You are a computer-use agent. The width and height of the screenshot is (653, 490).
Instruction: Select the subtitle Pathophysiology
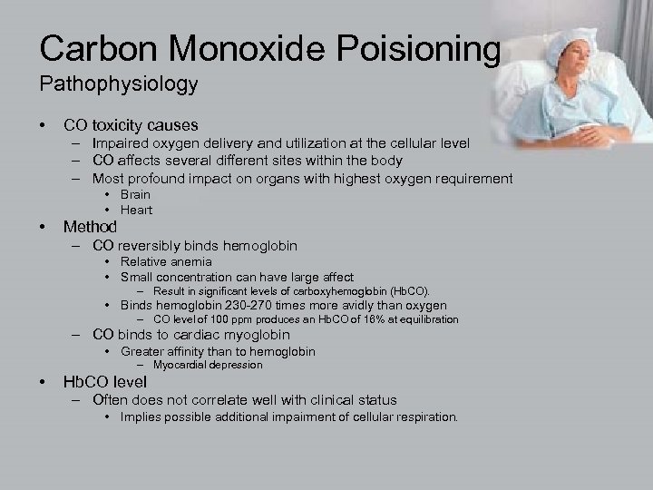(118, 84)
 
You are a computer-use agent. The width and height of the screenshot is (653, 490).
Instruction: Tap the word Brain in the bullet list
(135, 194)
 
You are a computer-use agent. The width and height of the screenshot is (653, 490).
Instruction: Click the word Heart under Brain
(136, 210)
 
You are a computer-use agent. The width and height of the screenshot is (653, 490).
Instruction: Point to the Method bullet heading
(90, 227)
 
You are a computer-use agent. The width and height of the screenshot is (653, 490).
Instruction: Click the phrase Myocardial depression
(208, 365)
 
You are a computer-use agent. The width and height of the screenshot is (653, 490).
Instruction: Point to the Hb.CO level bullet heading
(104, 382)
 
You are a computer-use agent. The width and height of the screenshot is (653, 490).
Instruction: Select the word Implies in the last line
(142, 416)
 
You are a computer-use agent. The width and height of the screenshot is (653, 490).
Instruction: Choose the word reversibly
(150, 245)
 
